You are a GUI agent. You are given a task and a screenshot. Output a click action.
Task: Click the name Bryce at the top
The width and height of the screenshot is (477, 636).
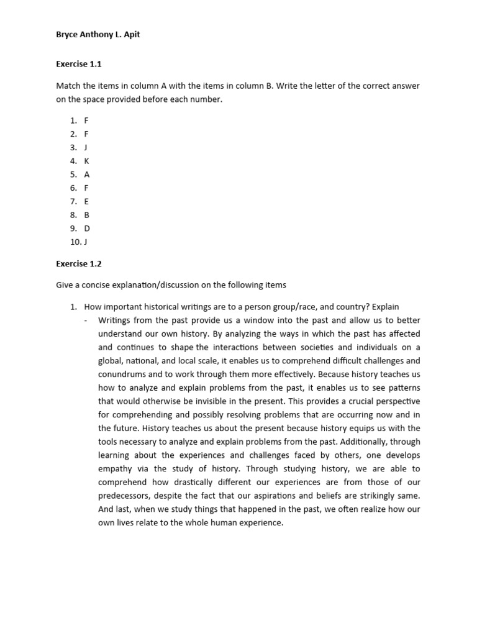point(68,35)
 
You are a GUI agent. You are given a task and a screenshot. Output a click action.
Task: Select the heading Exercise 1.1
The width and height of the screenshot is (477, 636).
point(78,64)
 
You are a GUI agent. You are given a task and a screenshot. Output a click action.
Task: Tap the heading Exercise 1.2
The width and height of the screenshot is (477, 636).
point(78,264)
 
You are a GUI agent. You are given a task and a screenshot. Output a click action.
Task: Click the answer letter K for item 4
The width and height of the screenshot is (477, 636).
point(87,161)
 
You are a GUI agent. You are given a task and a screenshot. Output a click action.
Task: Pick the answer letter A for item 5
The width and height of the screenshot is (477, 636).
point(87,175)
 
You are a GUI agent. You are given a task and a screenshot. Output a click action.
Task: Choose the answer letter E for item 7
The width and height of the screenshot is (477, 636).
point(86,201)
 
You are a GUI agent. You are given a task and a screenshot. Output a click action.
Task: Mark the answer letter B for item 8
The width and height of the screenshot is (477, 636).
point(87,215)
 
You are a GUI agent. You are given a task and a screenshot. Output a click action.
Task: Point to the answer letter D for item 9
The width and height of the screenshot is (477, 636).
point(87,229)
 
